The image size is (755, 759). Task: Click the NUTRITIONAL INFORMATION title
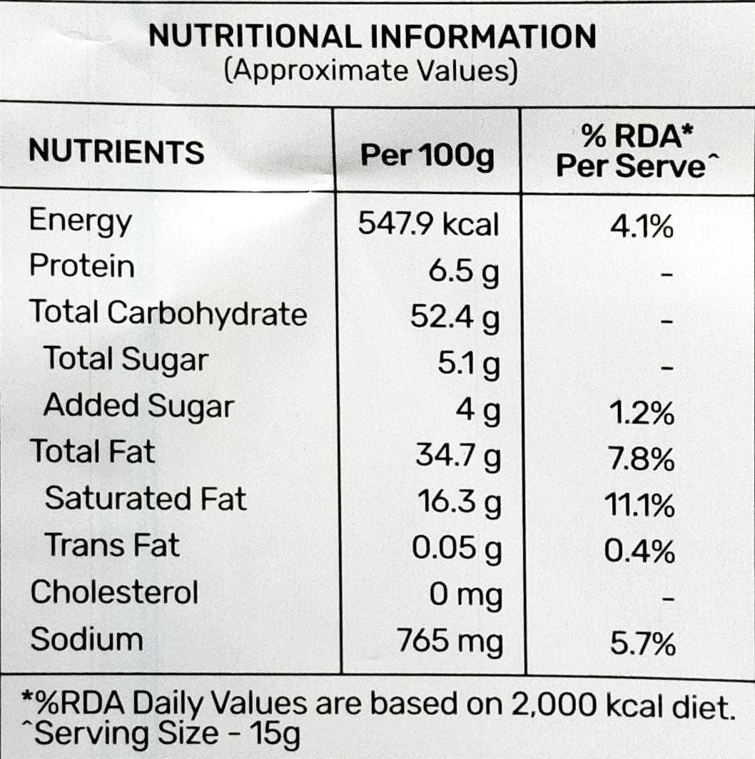coord(372,37)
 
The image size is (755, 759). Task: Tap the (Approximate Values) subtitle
coord(370,71)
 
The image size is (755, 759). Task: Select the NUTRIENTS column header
coord(116,153)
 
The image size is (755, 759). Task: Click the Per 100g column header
coord(427,156)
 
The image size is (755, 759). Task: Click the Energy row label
coord(81,222)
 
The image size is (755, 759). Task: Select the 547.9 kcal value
coord(428,225)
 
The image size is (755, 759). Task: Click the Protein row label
coord(82,266)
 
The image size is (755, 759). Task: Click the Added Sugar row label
coord(138,406)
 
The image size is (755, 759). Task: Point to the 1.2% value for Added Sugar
coord(641,414)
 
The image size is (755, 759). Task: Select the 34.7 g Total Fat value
coord(457,456)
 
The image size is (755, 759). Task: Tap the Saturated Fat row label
coord(146,499)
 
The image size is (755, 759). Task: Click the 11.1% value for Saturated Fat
coord(639,507)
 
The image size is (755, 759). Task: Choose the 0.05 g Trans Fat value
coord(457,549)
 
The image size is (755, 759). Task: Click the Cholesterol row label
coord(114,592)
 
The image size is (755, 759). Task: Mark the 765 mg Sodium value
coord(450,641)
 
